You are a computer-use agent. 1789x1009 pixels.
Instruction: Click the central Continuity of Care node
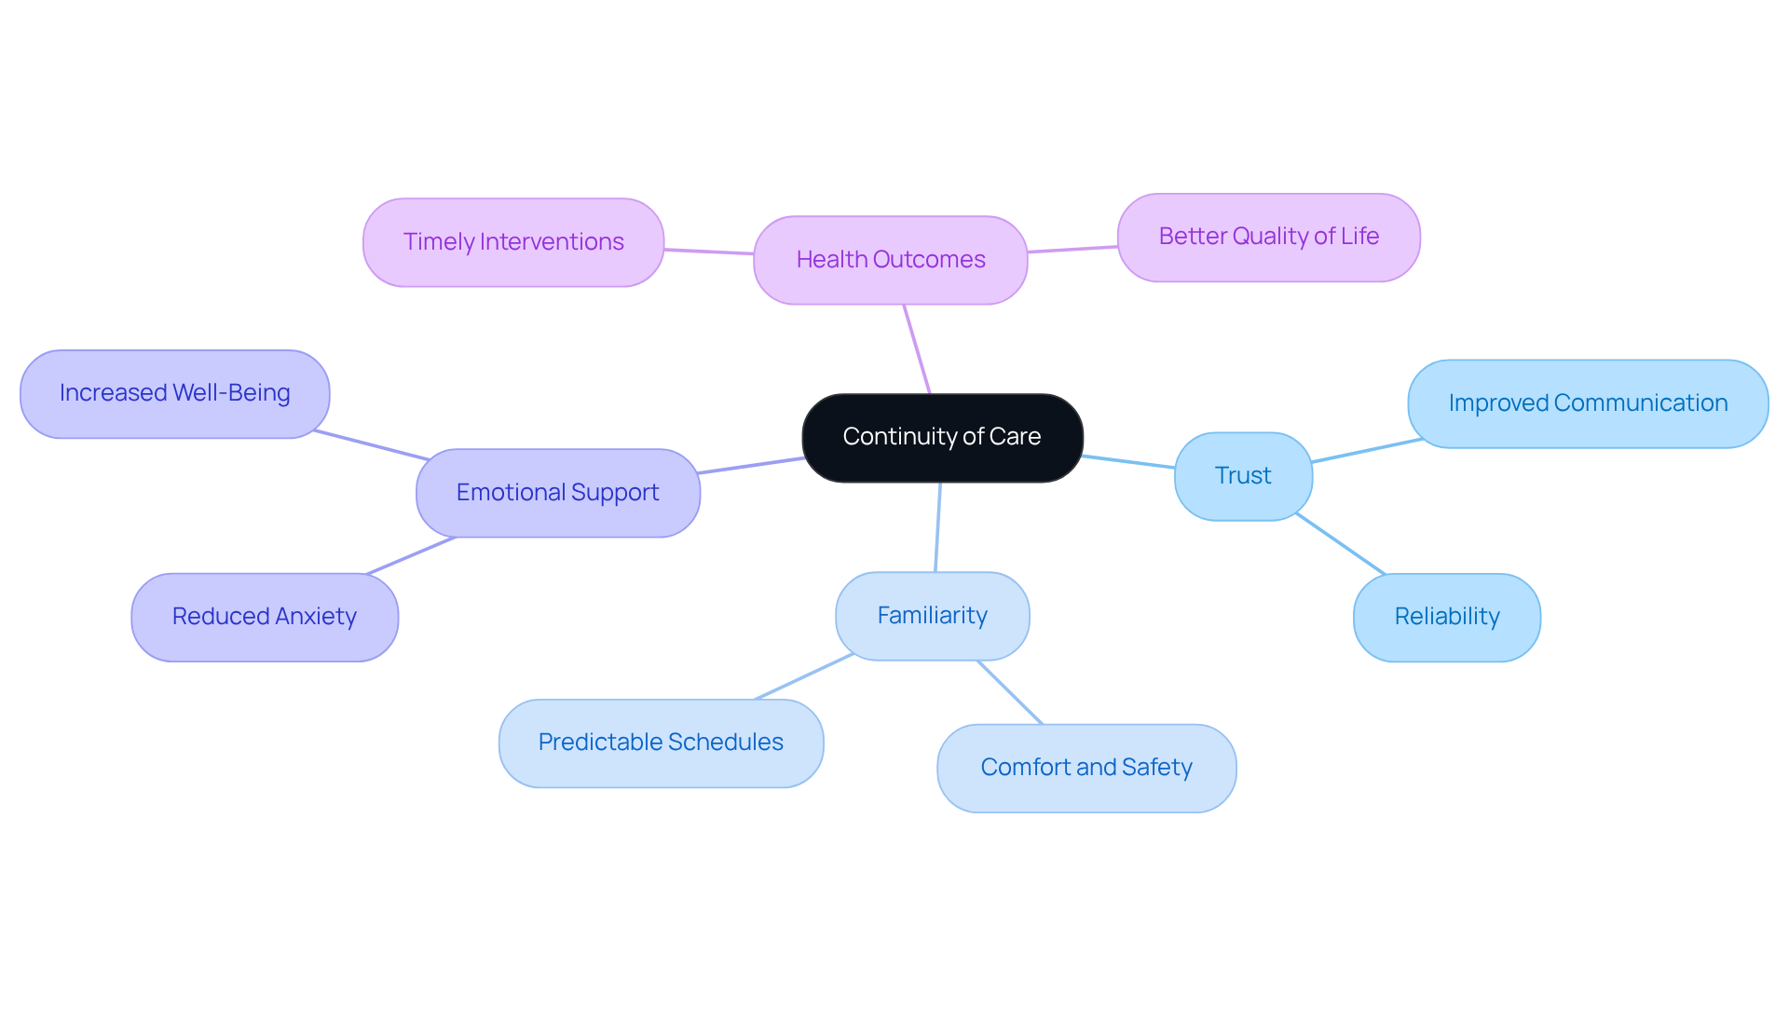click(x=942, y=437)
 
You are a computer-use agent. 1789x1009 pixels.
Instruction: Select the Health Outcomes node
click(x=890, y=260)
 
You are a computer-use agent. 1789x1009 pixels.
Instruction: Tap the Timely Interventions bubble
click(x=513, y=242)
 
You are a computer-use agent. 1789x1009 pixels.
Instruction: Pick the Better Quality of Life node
click(x=1268, y=237)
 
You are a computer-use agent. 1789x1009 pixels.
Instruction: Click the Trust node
click(x=1243, y=476)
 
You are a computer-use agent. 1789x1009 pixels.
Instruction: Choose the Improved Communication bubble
click(x=1588, y=403)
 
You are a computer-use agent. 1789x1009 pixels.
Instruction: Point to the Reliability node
click(x=1446, y=617)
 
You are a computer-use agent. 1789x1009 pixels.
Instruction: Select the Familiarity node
click(x=932, y=616)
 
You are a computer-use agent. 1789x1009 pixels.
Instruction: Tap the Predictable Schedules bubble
click(x=661, y=743)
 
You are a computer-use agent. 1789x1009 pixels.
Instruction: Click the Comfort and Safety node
click(x=1086, y=768)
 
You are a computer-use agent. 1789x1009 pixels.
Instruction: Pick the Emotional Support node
click(x=557, y=493)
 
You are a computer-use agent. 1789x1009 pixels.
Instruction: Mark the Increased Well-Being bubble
click(x=174, y=393)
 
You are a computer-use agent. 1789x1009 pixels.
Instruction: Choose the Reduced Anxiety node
click(x=265, y=617)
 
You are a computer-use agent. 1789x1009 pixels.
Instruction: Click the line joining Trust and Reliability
click(x=1340, y=543)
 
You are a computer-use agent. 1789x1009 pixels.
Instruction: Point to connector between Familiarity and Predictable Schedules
click(x=804, y=676)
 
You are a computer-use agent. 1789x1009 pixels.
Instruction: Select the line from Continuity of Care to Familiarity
click(x=937, y=527)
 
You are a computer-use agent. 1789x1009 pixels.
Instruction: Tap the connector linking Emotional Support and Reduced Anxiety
click(x=411, y=556)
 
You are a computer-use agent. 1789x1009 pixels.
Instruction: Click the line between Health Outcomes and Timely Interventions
click(x=708, y=252)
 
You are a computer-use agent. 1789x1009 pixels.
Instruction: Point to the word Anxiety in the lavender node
click(x=316, y=617)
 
